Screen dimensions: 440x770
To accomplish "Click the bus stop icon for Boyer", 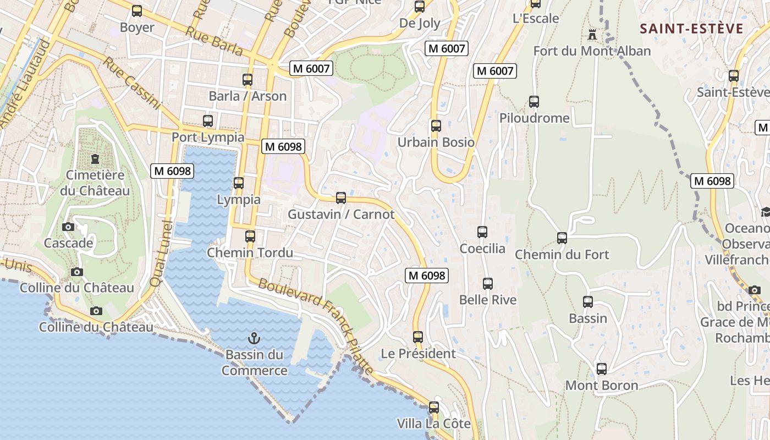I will point(137,11).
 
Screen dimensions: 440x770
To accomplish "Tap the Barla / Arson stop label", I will point(248,96).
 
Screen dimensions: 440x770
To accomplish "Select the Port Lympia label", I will point(208,137).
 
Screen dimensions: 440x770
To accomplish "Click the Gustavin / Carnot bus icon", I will point(341,198).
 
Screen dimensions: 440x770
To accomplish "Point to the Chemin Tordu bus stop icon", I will point(250,237).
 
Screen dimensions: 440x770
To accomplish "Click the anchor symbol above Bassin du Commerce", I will point(254,338).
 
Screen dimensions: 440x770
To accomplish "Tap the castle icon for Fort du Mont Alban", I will point(592,35).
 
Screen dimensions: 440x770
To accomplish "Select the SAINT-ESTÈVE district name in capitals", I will point(692,29).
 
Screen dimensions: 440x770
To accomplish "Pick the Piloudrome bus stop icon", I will point(534,102).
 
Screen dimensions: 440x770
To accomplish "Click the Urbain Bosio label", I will point(436,142).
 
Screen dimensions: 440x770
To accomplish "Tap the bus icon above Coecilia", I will point(482,232).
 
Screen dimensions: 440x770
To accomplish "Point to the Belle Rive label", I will point(488,300).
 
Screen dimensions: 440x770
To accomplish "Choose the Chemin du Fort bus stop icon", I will point(562,238).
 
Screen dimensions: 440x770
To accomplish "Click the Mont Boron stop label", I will point(602,386).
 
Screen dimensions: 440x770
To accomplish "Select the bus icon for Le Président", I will point(418,337).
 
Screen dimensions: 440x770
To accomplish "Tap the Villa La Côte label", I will point(434,424).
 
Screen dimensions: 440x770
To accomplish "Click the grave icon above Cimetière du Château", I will point(95,159).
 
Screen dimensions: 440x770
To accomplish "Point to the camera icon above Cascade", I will point(68,227).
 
